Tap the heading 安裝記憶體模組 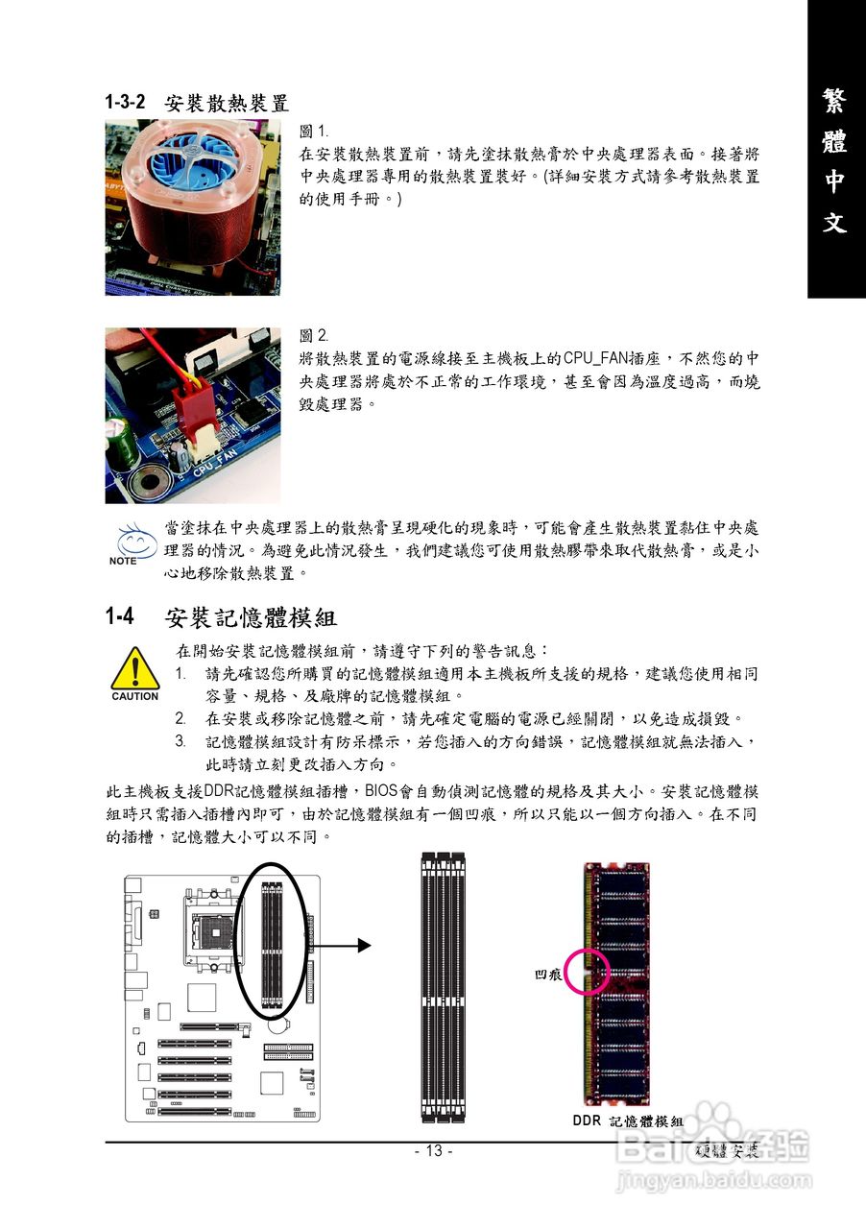(251, 616)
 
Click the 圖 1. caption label (314, 131)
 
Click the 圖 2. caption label (314, 336)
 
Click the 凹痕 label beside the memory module (548, 975)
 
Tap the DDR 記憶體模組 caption (628, 1121)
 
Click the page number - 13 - (433, 1151)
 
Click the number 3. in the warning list (180, 741)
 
